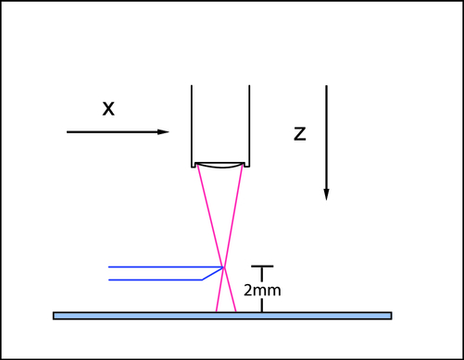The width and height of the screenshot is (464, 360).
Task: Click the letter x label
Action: click(x=108, y=108)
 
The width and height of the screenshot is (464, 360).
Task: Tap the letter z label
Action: click(x=299, y=133)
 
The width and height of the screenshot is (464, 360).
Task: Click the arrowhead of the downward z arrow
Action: click(x=326, y=193)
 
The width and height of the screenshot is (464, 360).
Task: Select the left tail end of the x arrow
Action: click(x=69, y=132)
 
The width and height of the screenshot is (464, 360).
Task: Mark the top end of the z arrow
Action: click(x=326, y=86)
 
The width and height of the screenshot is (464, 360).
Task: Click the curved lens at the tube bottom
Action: click(x=220, y=167)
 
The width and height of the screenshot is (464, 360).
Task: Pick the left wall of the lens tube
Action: click(x=192, y=125)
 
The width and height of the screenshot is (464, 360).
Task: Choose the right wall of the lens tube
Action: click(x=249, y=125)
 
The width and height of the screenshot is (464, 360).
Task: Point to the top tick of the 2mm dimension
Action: click(x=263, y=267)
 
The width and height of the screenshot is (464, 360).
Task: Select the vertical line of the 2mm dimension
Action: click(x=263, y=302)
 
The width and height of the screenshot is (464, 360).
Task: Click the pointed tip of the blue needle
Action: click(x=224, y=268)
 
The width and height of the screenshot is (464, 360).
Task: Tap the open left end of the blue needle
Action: click(x=109, y=273)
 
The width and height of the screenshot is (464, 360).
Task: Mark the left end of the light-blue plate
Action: click(x=56, y=316)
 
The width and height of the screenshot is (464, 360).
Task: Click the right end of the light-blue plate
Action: click(x=390, y=316)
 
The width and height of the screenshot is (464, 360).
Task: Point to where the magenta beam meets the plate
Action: click(x=225, y=312)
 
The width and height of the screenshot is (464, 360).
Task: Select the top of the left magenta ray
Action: click(x=198, y=168)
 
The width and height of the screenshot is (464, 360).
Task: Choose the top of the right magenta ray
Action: click(x=243, y=168)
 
